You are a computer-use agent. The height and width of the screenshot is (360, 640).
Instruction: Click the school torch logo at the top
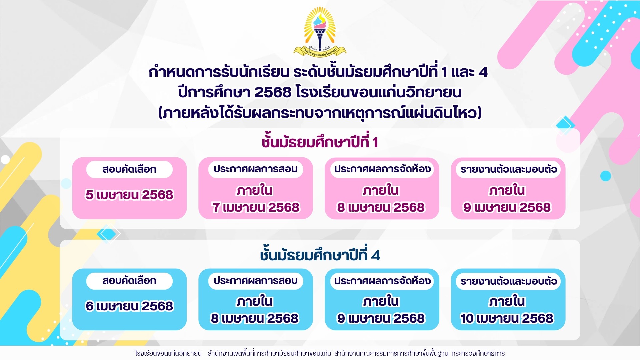320,32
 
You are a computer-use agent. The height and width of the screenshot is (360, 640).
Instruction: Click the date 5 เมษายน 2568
129,195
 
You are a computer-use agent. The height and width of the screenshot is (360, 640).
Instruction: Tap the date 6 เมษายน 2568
129,306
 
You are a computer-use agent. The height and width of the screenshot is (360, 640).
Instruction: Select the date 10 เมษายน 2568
507,318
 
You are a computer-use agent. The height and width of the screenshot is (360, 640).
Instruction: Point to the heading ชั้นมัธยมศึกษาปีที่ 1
320,142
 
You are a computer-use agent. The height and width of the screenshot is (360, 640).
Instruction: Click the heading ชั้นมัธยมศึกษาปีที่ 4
320,255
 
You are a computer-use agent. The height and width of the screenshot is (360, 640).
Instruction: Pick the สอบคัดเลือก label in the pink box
129,169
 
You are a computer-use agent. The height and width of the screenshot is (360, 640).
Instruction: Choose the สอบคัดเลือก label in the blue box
129,281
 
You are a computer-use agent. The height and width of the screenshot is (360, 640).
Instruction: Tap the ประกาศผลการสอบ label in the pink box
256,169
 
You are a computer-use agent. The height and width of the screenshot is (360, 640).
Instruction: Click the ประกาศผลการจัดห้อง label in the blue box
382,281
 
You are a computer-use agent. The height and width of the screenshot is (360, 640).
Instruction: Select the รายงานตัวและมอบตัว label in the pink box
508,169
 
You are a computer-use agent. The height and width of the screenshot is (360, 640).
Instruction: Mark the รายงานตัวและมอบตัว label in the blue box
508,281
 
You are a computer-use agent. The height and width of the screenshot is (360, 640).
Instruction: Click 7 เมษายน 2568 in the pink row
256,207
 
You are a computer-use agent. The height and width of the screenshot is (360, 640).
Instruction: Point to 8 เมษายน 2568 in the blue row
255,318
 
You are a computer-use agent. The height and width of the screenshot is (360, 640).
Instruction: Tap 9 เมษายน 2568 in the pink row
507,207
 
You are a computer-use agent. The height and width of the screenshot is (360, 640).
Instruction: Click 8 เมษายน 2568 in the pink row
381,207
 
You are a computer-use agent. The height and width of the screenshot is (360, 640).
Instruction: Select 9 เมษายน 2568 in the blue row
381,318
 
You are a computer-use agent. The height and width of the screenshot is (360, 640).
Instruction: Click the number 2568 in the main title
273,92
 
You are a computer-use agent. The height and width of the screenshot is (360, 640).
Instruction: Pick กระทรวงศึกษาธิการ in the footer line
478,353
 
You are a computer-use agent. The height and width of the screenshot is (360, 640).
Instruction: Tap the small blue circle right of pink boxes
606,176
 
